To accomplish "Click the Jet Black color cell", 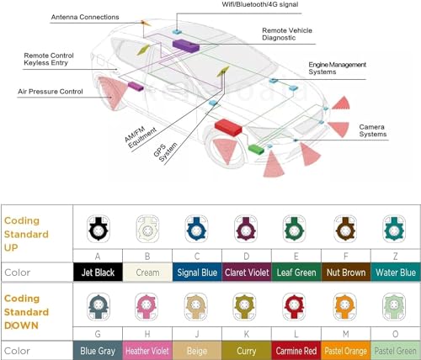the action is coord(98,272).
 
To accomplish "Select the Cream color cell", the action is coord(147,272).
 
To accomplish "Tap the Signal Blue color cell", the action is coord(197,272).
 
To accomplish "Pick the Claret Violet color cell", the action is coord(247,272).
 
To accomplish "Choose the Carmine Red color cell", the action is coord(296,351).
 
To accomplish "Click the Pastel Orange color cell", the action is coord(346,351).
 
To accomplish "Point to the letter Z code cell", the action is coord(396,256).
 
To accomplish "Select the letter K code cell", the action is coord(247,334).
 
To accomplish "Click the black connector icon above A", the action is coord(98,229).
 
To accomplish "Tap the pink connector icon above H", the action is coord(146,307).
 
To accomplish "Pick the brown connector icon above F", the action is coord(345,229).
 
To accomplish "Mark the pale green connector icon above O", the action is coord(394,307).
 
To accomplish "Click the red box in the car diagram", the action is coord(228,127).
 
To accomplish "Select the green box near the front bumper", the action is coord(256,149).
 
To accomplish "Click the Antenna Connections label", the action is coord(85,17).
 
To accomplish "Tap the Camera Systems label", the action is coord(373,130).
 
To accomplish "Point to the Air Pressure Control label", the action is coord(51,92).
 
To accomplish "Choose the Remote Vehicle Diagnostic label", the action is coord(287,34).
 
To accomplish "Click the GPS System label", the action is coord(166,152).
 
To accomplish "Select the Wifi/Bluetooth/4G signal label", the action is coord(260,4).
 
